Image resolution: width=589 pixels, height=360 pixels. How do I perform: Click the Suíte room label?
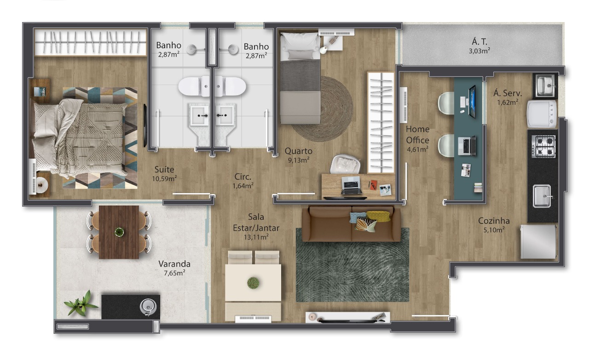(x=164, y=170)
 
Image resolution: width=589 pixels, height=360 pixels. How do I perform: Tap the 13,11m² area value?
(x=256, y=237)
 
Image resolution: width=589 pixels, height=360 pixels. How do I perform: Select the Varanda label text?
(x=174, y=264)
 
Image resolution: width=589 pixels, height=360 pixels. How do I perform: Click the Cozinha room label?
(x=494, y=221)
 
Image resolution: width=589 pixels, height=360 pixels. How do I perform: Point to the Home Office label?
(x=417, y=135)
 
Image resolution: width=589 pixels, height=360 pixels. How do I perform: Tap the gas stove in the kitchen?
(x=543, y=146)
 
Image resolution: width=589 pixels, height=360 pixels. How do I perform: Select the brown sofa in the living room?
(x=351, y=224)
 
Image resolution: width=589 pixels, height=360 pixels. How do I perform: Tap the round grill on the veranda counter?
(x=148, y=307)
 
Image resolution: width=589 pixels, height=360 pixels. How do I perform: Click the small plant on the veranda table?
(x=119, y=232)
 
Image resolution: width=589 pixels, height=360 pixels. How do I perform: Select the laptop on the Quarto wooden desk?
(x=351, y=185)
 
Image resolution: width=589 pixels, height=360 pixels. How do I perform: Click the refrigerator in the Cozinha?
(x=539, y=242)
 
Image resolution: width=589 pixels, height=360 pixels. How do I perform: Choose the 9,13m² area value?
(x=299, y=160)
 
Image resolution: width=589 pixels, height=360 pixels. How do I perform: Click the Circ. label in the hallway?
(x=243, y=177)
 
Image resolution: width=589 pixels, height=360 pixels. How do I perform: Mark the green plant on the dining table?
(x=253, y=283)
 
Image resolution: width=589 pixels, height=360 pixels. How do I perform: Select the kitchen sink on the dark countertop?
(x=542, y=196)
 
